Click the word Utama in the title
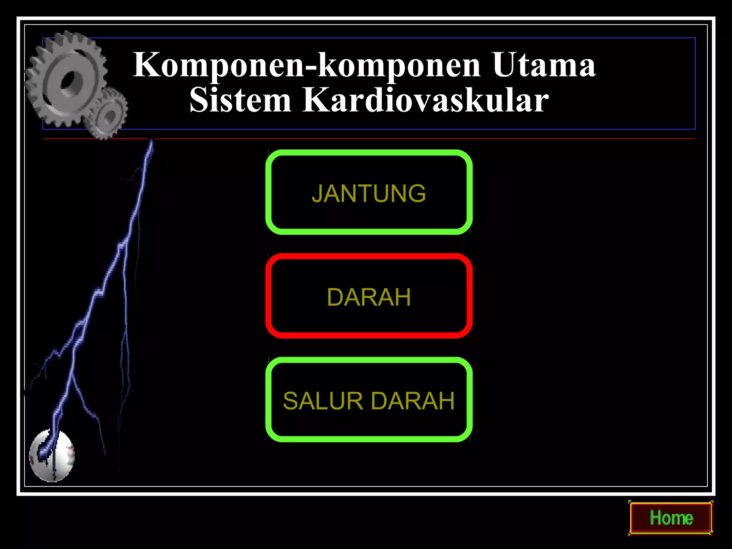click(544, 65)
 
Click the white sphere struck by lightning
click(52, 456)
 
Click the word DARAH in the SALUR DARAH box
click(413, 401)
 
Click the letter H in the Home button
click(656, 518)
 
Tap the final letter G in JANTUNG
click(417, 193)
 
